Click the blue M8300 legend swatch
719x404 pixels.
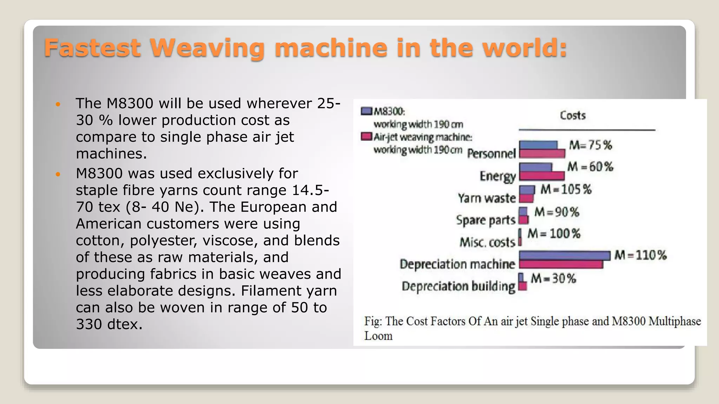[x=366, y=111]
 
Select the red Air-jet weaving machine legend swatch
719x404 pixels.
[x=366, y=136]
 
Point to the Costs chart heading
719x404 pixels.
[x=573, y=115]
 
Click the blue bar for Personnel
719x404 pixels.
[x=538, y=145]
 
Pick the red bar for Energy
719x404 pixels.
[x=541, y=175]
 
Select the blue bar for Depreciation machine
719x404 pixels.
[x=564, y=255]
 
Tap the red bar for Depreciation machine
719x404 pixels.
[x=561, y=264]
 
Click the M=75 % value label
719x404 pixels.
[x=590, y=145]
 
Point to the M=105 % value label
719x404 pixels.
[x=566, y=189]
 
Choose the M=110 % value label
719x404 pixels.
[x=640, y=255]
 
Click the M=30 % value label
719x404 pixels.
[x=553, y=278]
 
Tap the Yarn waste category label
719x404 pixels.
[x=487, y=198]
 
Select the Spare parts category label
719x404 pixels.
[x=486, y=220]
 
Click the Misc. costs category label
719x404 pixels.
[x=487, y=242]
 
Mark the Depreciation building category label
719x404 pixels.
[x=458, y=287]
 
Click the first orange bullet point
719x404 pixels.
[x=58, y=104]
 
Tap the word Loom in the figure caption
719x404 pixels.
[x=378, y=336]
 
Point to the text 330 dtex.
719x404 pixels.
[x=109, y=324]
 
